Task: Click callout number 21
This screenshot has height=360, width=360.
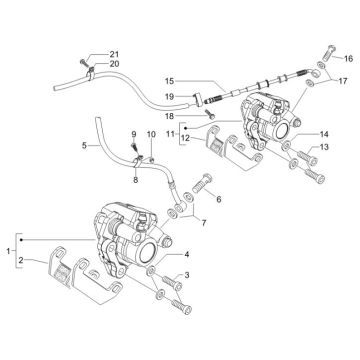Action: tap(113, 53)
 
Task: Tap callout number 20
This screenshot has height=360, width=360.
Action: tap(113, 64)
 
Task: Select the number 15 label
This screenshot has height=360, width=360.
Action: tap(170, 81)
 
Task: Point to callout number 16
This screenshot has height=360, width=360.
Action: tap(350, 60)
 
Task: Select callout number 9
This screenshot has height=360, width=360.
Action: tap(131, 134)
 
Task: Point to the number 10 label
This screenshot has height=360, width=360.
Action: tap(152, 134)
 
